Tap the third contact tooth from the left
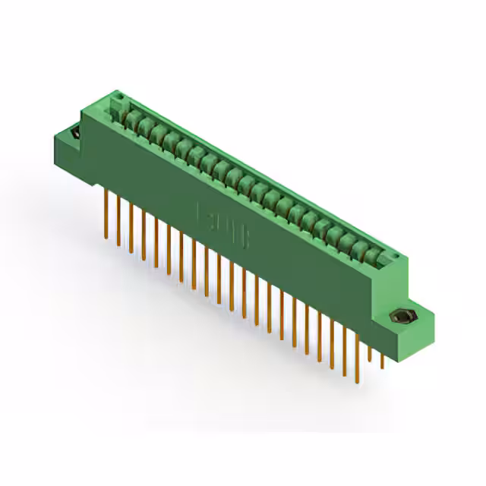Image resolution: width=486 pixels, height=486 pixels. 156,134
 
